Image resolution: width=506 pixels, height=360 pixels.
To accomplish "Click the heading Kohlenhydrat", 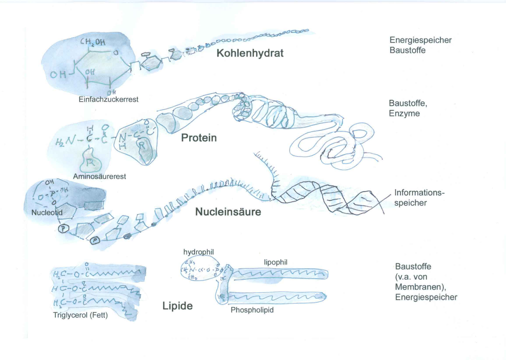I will point(250,53).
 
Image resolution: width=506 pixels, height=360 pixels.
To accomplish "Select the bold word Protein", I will point(199,138).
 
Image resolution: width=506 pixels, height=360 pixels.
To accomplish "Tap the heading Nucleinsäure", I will point(228,212).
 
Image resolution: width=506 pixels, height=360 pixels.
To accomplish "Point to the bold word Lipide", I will point(177,306).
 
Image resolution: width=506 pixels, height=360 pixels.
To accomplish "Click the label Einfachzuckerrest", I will point(108,99).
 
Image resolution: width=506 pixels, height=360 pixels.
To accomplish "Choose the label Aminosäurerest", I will point(100,176).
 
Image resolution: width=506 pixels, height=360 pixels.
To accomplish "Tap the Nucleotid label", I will point(47,212).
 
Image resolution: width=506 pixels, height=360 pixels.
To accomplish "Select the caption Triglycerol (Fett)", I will point(80,315).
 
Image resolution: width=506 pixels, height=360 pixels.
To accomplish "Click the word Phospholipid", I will point(252,310).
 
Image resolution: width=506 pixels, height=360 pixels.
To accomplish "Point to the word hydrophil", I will point(198,252).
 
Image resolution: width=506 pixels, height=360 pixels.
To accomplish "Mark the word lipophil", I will point(276,262).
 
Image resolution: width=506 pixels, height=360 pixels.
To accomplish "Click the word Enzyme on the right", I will point(404,113).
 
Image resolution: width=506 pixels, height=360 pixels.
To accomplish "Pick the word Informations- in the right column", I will point(419,192).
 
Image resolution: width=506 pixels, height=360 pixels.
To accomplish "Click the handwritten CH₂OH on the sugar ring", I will point(93,42).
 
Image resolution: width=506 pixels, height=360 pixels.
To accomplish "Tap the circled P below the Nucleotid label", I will point(63,229).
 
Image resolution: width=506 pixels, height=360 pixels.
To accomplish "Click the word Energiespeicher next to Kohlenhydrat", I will point(420,40).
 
